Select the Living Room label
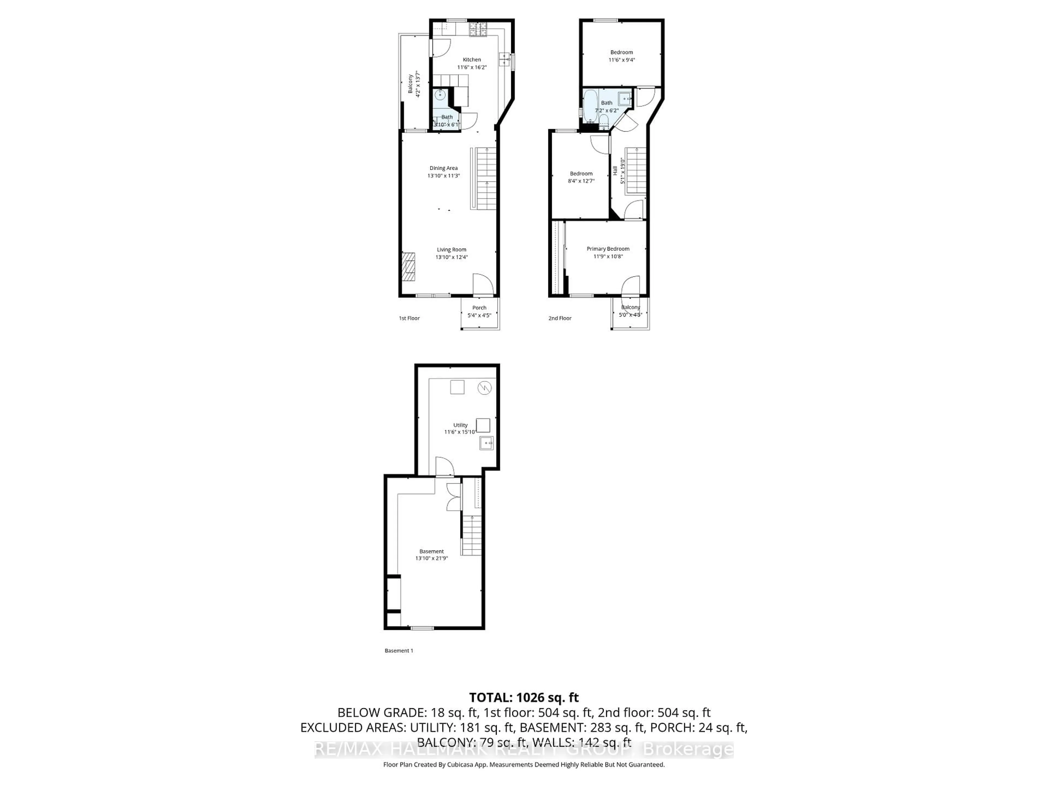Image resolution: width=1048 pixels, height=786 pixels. click(451, 250)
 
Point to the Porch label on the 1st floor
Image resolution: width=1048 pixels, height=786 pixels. click(479, 308)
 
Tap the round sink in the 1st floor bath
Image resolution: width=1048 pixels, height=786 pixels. click(440, 95)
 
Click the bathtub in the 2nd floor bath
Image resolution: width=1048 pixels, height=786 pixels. click(590, 107)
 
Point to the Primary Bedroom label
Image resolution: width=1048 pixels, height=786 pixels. click(608, 249)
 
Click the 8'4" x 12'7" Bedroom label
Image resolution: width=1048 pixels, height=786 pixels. click(581, 174)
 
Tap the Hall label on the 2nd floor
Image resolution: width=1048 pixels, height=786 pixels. click(615, 171)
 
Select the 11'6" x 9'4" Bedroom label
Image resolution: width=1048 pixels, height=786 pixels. click(621, 53)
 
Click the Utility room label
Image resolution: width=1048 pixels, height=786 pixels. click(460, 425)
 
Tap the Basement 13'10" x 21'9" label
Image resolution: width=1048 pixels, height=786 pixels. click(431, 555)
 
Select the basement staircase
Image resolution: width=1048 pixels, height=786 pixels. click(472, 535)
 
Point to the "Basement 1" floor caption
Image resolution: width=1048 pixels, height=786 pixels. click(398, 651)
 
